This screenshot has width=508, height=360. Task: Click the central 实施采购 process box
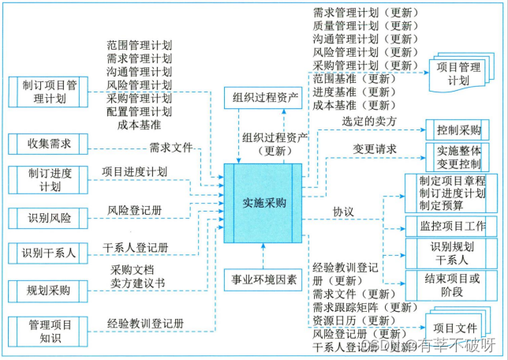[x=263, y=203]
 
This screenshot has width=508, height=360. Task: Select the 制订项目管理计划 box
[x=49, y=92]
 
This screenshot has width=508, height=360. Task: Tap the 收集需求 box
[x=49, y=144]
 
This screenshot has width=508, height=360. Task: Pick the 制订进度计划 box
[x=49, y=179]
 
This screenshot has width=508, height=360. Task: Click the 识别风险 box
[x=49, y=217]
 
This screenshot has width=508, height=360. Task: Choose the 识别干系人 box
[x=49, y=253]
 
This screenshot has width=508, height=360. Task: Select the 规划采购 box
[x=49, y=291]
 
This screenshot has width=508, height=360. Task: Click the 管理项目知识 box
[x=49, y=331]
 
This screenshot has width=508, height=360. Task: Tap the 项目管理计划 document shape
[x=458, y=73]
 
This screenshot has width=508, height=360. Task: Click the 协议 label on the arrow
[x=342, y=212]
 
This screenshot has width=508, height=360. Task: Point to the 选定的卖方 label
[x=369, y=121]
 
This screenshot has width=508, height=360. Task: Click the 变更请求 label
[x=369, y=148]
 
